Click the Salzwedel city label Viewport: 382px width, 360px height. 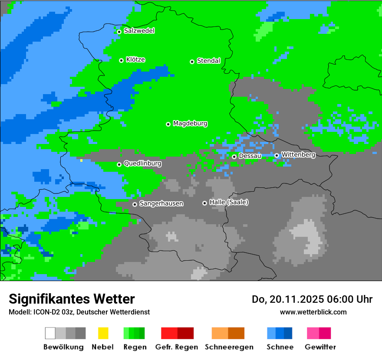point(139,31)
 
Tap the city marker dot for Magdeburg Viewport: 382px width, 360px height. point(168,124)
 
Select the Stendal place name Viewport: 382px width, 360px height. point(208,61)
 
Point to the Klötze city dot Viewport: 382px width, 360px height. point(121,60)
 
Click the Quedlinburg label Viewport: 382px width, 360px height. point(142,164)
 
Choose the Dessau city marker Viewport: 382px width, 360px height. point(234,157)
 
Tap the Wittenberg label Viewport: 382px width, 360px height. point(298,154)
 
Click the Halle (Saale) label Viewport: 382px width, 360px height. point(229,202)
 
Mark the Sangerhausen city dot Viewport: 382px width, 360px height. point(135,204)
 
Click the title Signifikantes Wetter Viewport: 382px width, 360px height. point(72,299)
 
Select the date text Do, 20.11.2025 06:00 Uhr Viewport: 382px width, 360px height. point(312,299)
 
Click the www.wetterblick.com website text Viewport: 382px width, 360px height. point(313,312)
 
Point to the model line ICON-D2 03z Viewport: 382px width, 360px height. point(79,312)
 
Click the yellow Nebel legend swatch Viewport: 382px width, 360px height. point(103,333)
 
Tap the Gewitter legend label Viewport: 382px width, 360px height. point(320,347)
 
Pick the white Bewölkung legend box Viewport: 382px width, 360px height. point(50,333)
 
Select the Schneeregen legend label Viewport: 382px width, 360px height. point(229,347)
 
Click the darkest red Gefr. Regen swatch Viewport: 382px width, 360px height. point(185,333)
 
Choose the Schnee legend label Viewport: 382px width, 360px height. point(280,347)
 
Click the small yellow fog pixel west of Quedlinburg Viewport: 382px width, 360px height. point(81,160)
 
